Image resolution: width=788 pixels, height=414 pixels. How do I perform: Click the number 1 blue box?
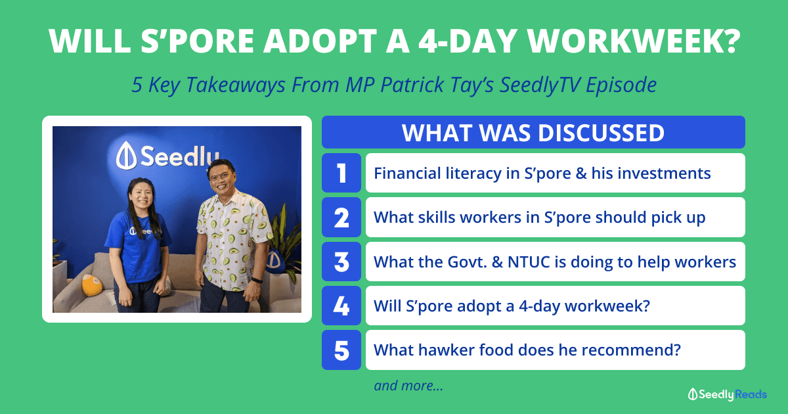pyautogui.click(x=341, y=173)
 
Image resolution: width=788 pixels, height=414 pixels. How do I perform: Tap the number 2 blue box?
pyautogui.click(x=341, y=218)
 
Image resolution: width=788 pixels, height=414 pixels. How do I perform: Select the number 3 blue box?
pyautogui.click(x=341, y=262)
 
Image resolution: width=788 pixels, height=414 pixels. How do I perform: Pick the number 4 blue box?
pyautogui.click(x=341, y=306)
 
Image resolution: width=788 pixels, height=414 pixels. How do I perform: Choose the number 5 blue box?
pyautogui.click(x=341, y=350)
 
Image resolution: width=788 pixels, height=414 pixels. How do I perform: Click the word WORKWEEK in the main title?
pyautogui.click(x=634, y=41)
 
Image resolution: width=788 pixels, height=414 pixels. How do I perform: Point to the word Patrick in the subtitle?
pyautogui.click(x=412, y=85)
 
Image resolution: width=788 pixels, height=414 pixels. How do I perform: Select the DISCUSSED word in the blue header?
pyautogui.click(x=601, y=133)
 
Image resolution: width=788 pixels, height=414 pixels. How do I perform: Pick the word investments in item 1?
pyautogui.click(x=664, y=173)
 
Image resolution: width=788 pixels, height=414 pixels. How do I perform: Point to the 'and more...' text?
pyautogui.click(x=408, y=386)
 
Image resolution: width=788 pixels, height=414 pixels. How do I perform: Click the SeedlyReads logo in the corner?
pyautogui.click(x=727, y=394)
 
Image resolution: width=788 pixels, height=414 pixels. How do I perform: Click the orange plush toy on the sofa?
pyautogui.click(x=92, y=285)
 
